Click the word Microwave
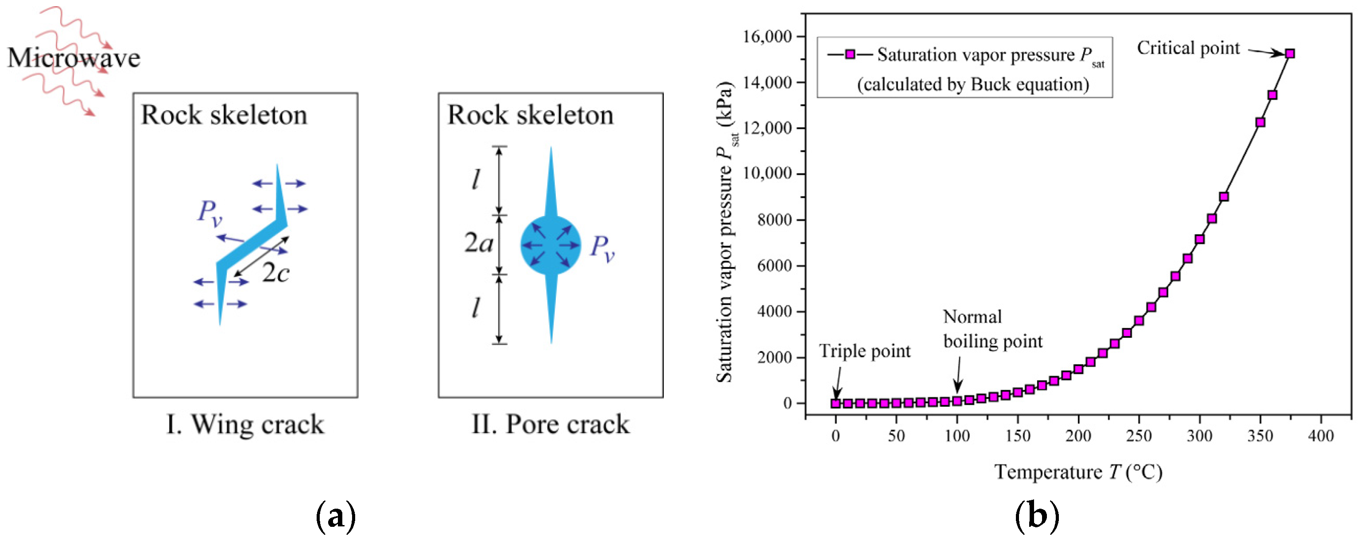click(x=74, y=58)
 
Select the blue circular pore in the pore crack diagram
click(x=550, y=245)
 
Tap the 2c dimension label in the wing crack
click(x=275, y=273)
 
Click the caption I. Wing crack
click(x=245, y=425)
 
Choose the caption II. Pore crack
click(x=550, y=425)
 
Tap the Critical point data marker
click(x=1290, y=53)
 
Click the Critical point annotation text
click(x=1188, y=48)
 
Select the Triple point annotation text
click(x=865, y=351)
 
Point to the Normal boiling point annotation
click(x=992, y=329)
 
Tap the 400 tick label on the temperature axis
click(x=1321, y=436)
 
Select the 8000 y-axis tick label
click(x=775, y=220)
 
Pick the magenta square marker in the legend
click(x=850, y=54)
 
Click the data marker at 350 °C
click(x=1260, y=123)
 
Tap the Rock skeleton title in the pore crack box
click(x=530, y=115)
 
